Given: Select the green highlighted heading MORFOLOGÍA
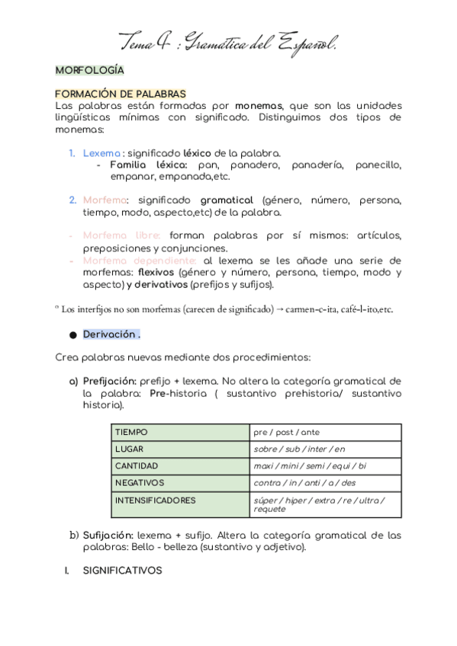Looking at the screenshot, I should point(89,70).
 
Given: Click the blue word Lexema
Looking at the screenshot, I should point(101,153).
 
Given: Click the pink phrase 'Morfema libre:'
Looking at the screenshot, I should point(122,236).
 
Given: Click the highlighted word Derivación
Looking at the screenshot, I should point(111,334).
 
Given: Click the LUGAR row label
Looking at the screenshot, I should point(129,449).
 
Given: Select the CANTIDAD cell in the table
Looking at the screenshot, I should point(137,466).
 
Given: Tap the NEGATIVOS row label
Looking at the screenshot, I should point(139,483).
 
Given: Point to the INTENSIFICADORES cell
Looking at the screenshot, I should point(155,500).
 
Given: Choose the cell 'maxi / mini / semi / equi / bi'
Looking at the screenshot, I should point(310,466).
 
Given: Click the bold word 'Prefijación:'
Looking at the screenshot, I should point(109,381).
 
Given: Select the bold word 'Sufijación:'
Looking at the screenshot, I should point(108,536).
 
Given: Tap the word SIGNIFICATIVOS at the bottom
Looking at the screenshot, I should point(122,570).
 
